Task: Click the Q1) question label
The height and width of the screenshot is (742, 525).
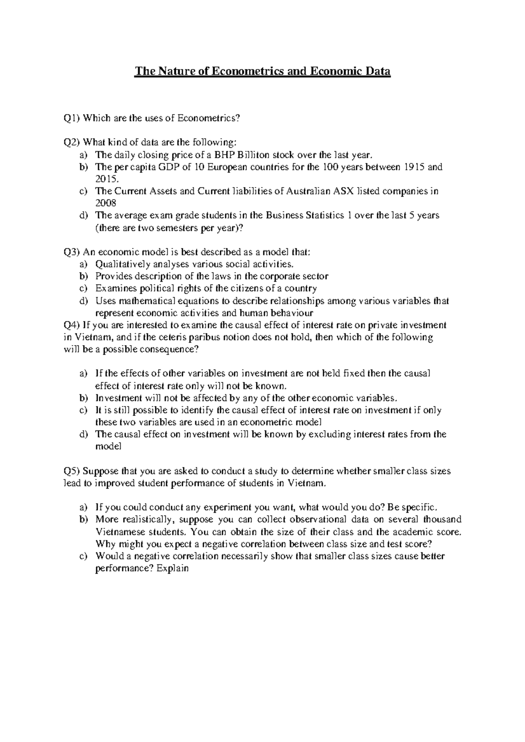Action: (x=72, y=118)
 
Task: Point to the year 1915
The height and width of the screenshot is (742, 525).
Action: (x=414, y=167)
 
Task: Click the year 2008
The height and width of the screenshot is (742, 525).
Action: (x=106, y=203)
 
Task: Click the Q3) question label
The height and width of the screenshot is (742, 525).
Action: (x=72, y=252)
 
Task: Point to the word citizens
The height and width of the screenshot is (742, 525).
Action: (x=247, y=288)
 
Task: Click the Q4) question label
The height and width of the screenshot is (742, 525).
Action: (x=72, y=325)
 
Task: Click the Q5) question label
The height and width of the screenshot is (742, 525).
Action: (x=72, y=471)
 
